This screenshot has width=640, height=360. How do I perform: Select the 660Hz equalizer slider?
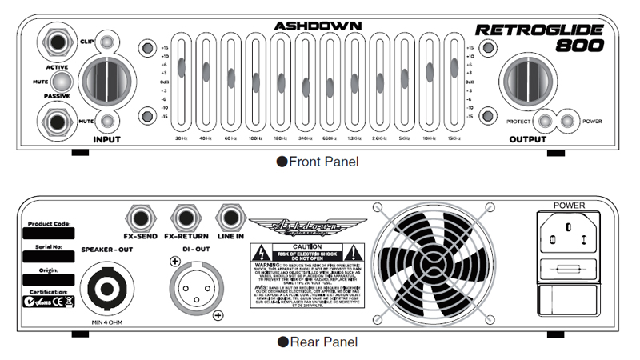click(x=329, y=86)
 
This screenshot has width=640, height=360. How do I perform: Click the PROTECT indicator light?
click(x=546, y=122)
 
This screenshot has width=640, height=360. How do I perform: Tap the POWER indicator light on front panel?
click(x=567, y=122)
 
